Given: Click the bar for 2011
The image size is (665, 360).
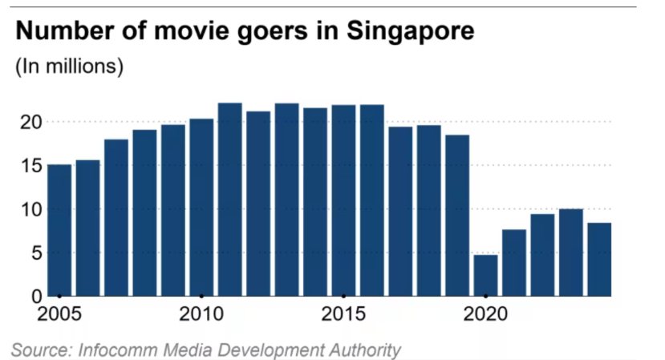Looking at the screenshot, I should pyautogui.click(x=229, y=200).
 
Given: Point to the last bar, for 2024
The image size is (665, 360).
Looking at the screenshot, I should pyautogui.click(x=599, y=259).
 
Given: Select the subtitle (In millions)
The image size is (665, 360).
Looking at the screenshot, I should pyautogui.click(x=70, y=67).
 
